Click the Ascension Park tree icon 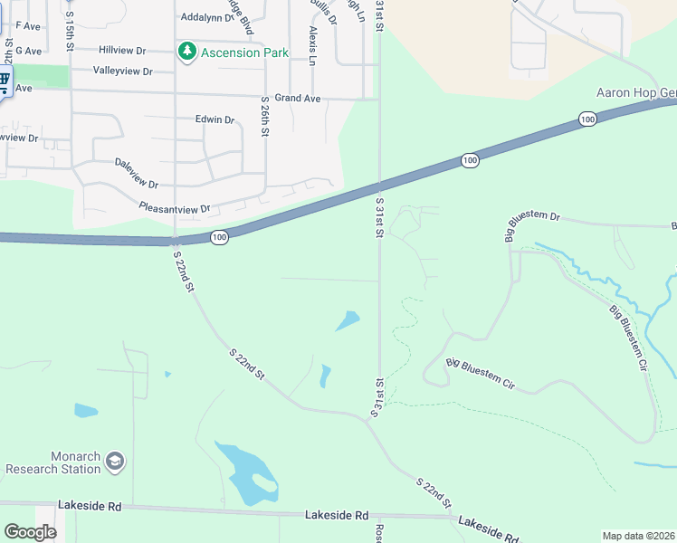click(187, 52)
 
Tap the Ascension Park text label click(243, 52)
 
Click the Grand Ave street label click(298, 97)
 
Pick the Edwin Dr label click(215, 119)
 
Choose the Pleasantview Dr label click(175, 208)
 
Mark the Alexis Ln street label click(312, 44)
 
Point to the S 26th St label click(265, 117)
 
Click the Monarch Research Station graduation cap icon click(114, 462)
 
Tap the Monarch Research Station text click(52, 462)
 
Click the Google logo click(30, 532)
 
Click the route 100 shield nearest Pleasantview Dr click(219, 236)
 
